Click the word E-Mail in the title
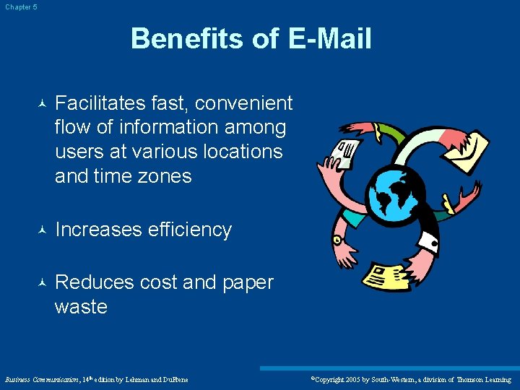330,38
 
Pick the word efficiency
190,230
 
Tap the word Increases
98,230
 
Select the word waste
81,307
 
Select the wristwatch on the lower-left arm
339,238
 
